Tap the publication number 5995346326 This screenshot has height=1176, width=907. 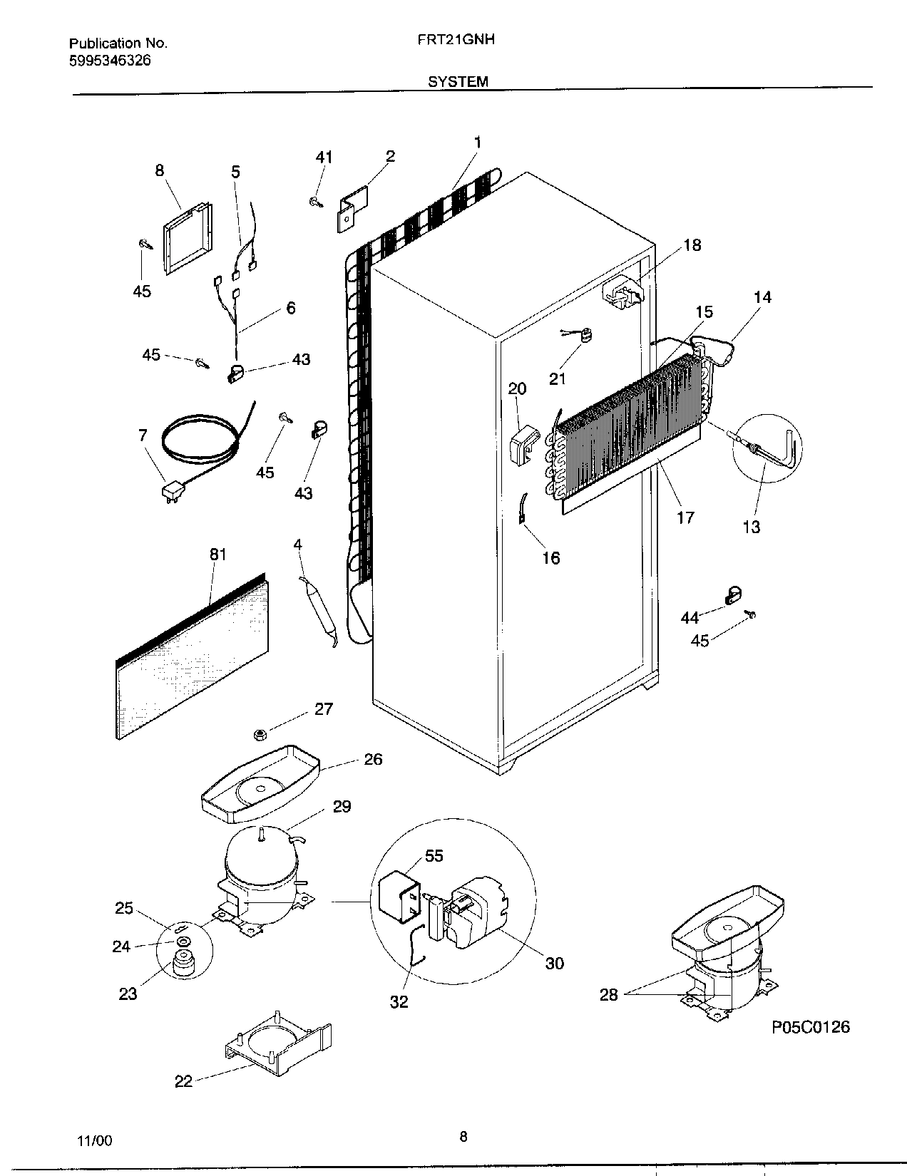tap(110, 61)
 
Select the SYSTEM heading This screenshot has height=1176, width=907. tap(458, 82)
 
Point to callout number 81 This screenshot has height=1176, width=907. tap(217, 554)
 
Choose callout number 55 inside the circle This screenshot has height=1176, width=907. tap(434, 855)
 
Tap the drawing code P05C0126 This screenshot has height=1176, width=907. tap(811, 1027)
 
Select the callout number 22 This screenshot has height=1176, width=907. tap(183, 1081)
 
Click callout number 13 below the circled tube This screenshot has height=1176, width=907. tap(751, 527)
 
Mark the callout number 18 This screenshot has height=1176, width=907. tap(692, 245)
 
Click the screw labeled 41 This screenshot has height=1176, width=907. tap(314, 203)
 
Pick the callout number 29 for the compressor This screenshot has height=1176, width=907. tap(342, 806)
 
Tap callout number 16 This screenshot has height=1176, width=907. tap(550, 558)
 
